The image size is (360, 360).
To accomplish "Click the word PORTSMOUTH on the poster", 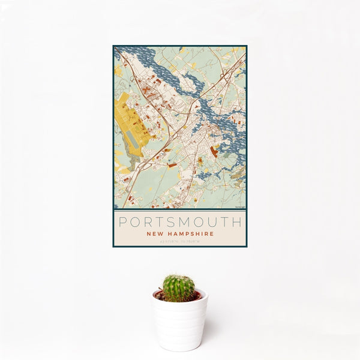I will tap(179, 221).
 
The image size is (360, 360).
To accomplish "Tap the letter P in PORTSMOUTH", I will tap(122, 221).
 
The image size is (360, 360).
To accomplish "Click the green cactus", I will tap(179, 288).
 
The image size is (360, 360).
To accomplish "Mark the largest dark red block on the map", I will tap(214, 151).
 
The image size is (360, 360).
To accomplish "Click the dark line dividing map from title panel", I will tap(179, 209).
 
